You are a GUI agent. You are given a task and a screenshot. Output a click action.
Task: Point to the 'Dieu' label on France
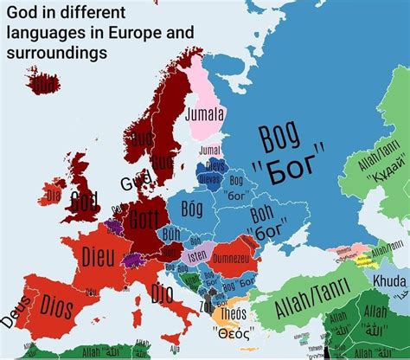click(99, 256)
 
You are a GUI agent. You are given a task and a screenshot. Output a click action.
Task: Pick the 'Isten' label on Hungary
click(197, 255)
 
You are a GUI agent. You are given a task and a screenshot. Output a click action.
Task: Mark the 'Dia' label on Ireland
click(54, 196)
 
